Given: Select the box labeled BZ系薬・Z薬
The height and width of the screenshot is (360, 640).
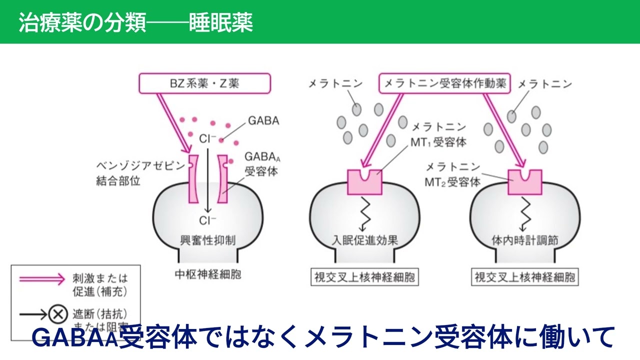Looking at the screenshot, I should pyautogui.click(x=205, y=83).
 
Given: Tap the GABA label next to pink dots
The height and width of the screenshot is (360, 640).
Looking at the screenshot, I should pyautogui.click(x=263, y=121).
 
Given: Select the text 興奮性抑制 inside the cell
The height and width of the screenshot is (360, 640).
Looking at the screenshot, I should pyautogui.click(x=207, y=240).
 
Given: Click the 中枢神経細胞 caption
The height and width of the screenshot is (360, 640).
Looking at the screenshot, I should pyautogui.click(x=207, y=274).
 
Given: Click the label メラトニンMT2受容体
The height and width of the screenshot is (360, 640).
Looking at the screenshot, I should pyautogui.click(x=452, y=175).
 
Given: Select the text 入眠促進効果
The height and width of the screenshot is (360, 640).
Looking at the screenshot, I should pyautogui.click(x=364, y=240).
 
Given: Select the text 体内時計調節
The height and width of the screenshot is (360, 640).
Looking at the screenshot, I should pyautogui.click(x=524, y=240).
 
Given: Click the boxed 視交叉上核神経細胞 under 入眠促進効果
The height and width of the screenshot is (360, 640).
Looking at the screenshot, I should pyautogui.click(x=364, y=277).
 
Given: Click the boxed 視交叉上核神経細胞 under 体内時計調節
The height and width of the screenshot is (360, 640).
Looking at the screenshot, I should pyautogui.click(x=524, y=277).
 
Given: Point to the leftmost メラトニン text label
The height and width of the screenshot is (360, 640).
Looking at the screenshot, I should pyautogui.click(x=336, y=84).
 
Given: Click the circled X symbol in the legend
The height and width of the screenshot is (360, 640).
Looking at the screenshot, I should pyautogui.click(x=57, y=314).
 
